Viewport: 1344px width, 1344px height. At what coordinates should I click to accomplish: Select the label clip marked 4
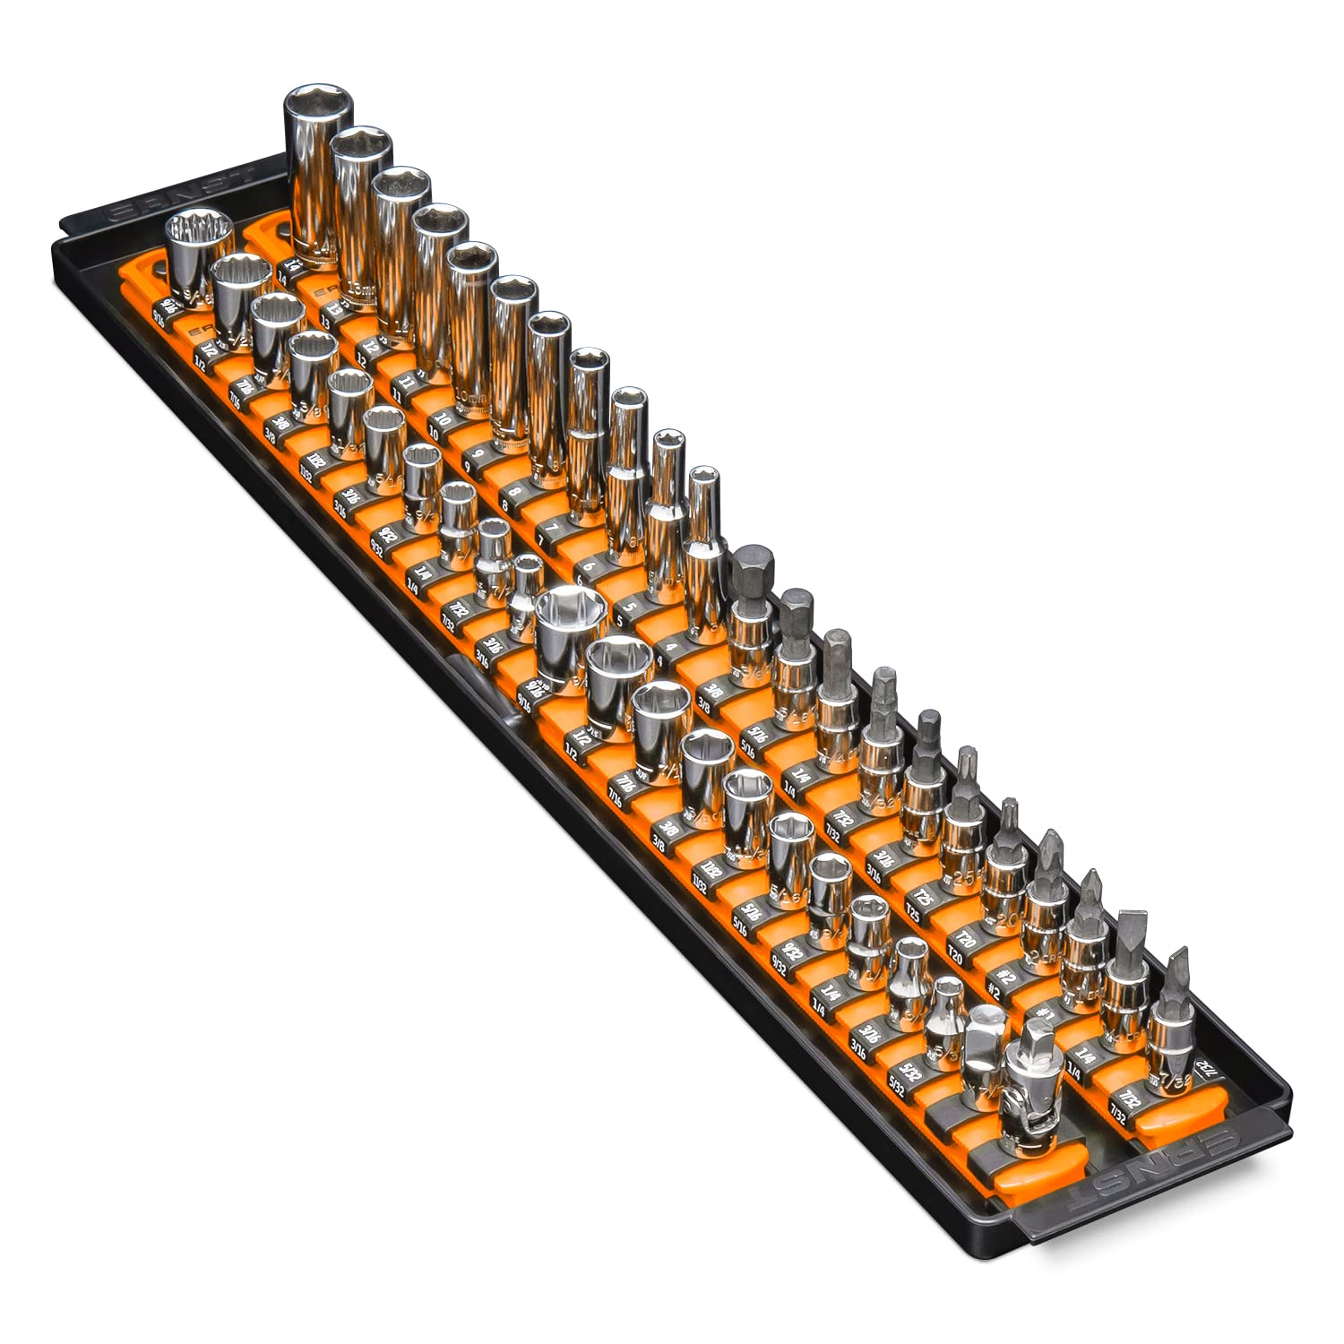pos(661,662)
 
